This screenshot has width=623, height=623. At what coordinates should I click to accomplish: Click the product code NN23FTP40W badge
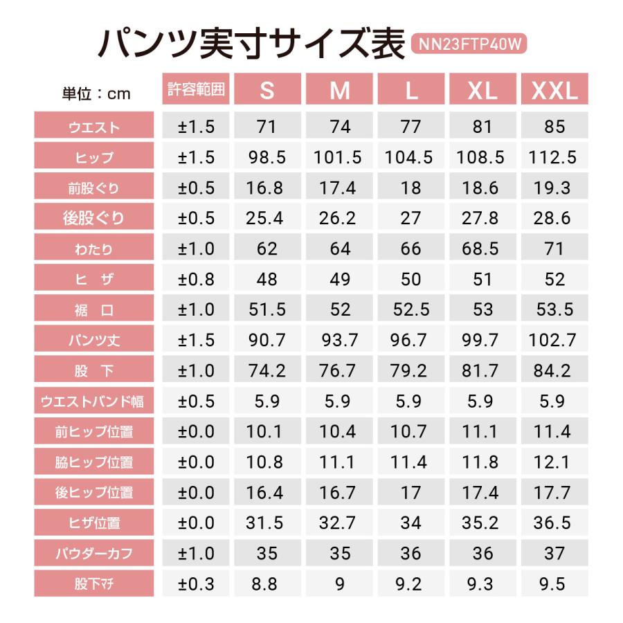469,44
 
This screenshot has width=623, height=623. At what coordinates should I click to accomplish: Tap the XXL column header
554,90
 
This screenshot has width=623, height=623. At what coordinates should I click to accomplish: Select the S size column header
267,90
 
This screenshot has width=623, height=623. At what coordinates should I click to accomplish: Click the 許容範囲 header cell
197,89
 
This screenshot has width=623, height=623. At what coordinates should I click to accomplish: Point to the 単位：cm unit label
96,93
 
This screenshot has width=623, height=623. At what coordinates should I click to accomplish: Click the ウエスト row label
95,127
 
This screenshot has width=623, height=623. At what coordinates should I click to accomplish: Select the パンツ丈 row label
95,341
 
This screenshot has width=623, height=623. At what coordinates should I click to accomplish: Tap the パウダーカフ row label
95,554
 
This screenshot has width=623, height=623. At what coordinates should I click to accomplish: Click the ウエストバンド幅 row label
95,401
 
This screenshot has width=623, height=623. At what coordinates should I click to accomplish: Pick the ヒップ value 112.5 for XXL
553,157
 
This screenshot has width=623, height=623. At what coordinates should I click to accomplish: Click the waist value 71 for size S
267,127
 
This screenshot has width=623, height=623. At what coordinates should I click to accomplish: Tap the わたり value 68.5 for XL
482,249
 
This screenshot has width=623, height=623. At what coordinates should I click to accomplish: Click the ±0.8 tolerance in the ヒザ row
197,279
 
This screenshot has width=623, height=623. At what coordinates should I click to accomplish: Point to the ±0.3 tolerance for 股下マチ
197,584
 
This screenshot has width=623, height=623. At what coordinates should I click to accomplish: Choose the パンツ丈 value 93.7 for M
338,340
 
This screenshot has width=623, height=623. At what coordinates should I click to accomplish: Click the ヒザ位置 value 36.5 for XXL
553,523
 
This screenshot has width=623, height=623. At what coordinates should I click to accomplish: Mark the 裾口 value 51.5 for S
267,309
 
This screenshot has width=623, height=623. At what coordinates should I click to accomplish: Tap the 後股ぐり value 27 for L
410,218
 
